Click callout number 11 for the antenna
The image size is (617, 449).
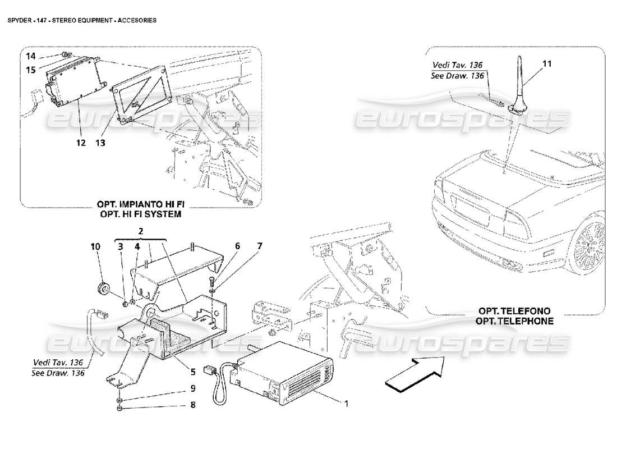pyautogui.click(x=547, y=64)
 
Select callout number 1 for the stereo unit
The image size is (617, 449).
pyautogui.click(x=346, y=403)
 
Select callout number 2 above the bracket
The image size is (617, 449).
pyautogui.click(x=141, y=231)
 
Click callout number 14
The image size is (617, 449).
pyautogui.click(x=30, y=56)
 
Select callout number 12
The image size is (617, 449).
pyautogui.click(x=81, y=143)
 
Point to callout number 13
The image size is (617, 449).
pyautogui.click(x=100, y=143)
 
